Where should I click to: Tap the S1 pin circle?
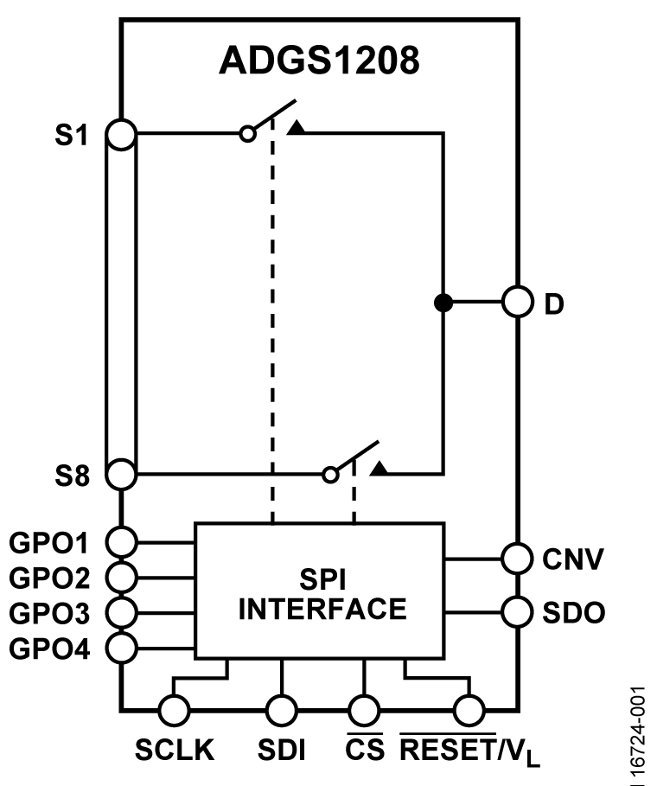pyautogui.click(x=122, y=134)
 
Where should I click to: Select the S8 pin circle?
pyautogui.click(x=122, y=474)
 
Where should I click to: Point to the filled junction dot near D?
pyautogui.click(x=443, y=303)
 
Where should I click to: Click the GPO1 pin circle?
pyautogui.click(x=122, y=542)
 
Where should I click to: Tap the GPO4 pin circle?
pyautogui.click(x=122, y=646)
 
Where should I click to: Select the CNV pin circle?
pyautogui.click(x=517, y=559)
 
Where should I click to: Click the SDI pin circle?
pyautogui.click(x=281, y=711)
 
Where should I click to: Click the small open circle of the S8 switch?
pyautogui.click(x=329, y=474)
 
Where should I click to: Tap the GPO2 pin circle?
pyautogui.click(x=122, y=577)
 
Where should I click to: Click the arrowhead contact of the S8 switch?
pyautogui.click(x=379, y=469)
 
